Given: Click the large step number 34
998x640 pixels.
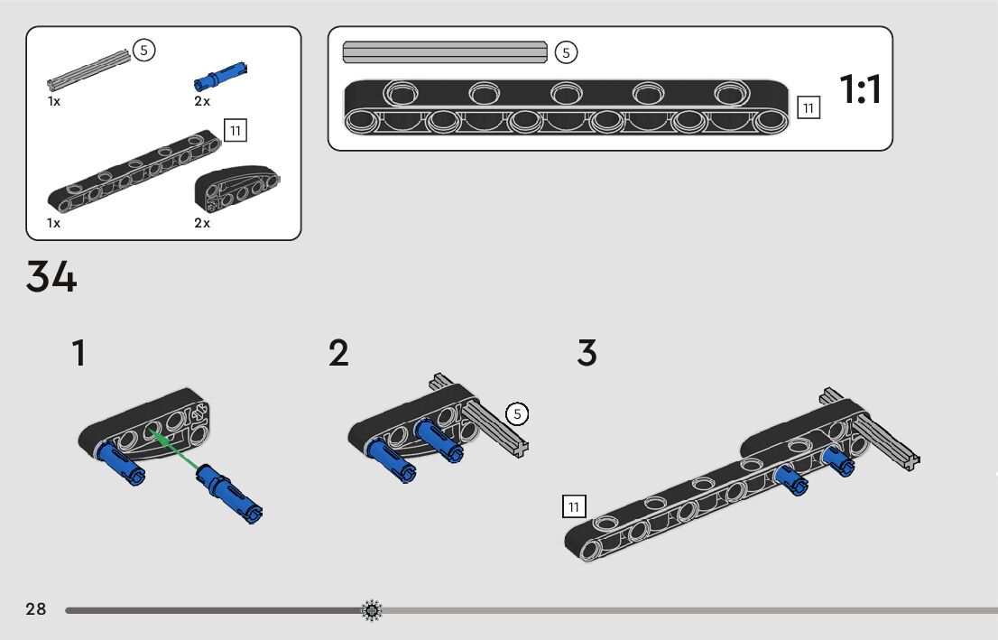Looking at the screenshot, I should click(x=51, y=277).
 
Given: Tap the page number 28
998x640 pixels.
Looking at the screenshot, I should click(x=36, y=609).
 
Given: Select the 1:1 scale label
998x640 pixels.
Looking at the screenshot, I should click(x=860, y=90).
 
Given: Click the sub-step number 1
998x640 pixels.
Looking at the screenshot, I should click(x=79, y=353).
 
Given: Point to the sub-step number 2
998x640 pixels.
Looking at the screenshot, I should click(x=338, y=353).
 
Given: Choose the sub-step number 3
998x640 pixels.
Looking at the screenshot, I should click(x=587, y=353).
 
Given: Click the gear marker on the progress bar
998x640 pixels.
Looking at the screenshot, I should click(x=372, y=611).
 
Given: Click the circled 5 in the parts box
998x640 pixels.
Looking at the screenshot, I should click(x=144, y=51).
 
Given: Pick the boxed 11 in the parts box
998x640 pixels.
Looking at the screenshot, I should click(x=235, y=130).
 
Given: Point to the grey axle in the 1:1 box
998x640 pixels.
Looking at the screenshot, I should click(x=445, y=52).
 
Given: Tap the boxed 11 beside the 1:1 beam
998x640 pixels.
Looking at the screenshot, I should click(x=808, y=108).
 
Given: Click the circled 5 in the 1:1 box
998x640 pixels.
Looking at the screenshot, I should click(x=566, y=52).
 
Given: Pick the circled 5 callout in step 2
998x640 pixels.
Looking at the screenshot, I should click(x=517, y=414).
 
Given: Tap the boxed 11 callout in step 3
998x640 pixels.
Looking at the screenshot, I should click(x=573, y=506).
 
